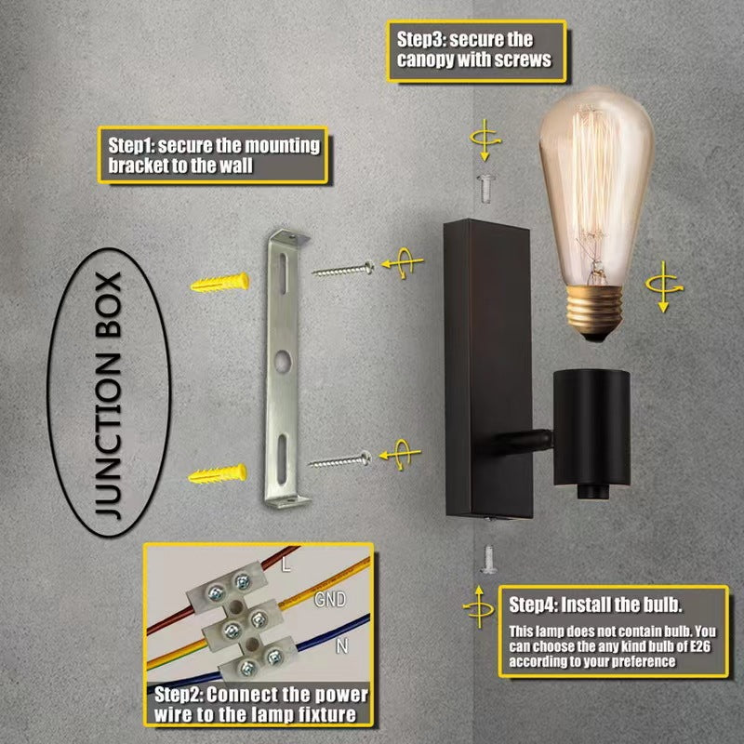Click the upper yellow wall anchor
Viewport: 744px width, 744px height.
click(x=219, y=283)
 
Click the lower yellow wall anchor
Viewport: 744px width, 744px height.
click(x=218, y=474)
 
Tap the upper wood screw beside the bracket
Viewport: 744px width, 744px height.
click(x=343, y=270)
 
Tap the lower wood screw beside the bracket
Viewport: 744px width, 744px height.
click(x=339, y=459)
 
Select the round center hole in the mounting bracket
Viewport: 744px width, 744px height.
click(x=283, y=361)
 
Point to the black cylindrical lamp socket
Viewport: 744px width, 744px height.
click(x=591, y=433)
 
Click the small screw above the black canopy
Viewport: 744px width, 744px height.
click(x=485, y=189)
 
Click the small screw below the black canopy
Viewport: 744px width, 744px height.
click(x=487, y=560)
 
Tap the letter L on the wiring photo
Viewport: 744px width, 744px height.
click(x=286, y=565)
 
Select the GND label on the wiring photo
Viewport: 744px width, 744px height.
click(x=330, y=599)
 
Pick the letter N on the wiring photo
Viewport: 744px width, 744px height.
click(x=341, y=645)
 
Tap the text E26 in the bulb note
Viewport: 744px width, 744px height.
click(x=697, y=646)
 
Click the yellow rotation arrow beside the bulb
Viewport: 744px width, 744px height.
click(x=664, y=286)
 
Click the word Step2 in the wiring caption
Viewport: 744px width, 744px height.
click(x=179, y=695)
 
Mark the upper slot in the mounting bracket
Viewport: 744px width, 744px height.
click(x=284, y=270)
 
